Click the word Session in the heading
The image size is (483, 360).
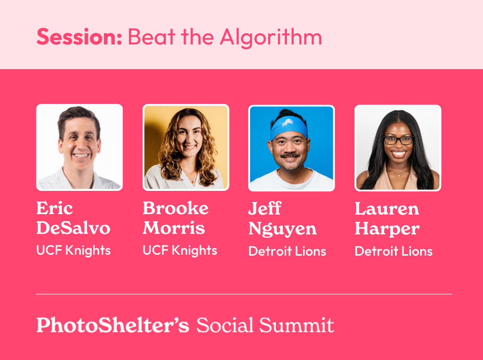(x=79, y=37)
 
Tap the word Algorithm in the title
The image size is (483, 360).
(x=271, y=38)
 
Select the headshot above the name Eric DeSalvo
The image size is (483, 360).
(x=80, y=147)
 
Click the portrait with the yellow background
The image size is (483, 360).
(x=186, y=147)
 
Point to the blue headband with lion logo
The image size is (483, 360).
(x=289, y=127)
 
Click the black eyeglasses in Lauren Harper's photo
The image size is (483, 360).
(x=398, y=141)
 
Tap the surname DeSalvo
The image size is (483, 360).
(x=73, y=228)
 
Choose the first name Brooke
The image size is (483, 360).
(x=176, y=208)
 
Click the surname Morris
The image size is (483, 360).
(x=174, y=228)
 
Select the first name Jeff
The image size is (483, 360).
(x=265, y=208)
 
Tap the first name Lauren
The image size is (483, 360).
(x=387, y=209)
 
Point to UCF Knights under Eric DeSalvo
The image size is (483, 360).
(x=73, y=251)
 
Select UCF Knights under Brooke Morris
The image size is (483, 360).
(x=180, y=251)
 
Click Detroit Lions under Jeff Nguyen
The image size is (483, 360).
(x=287, y=251)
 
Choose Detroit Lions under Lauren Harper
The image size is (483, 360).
(x=394, y=251)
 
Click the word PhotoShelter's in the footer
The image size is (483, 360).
(x=113, y=325)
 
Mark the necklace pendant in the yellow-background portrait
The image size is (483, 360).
(x=194, y=181)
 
